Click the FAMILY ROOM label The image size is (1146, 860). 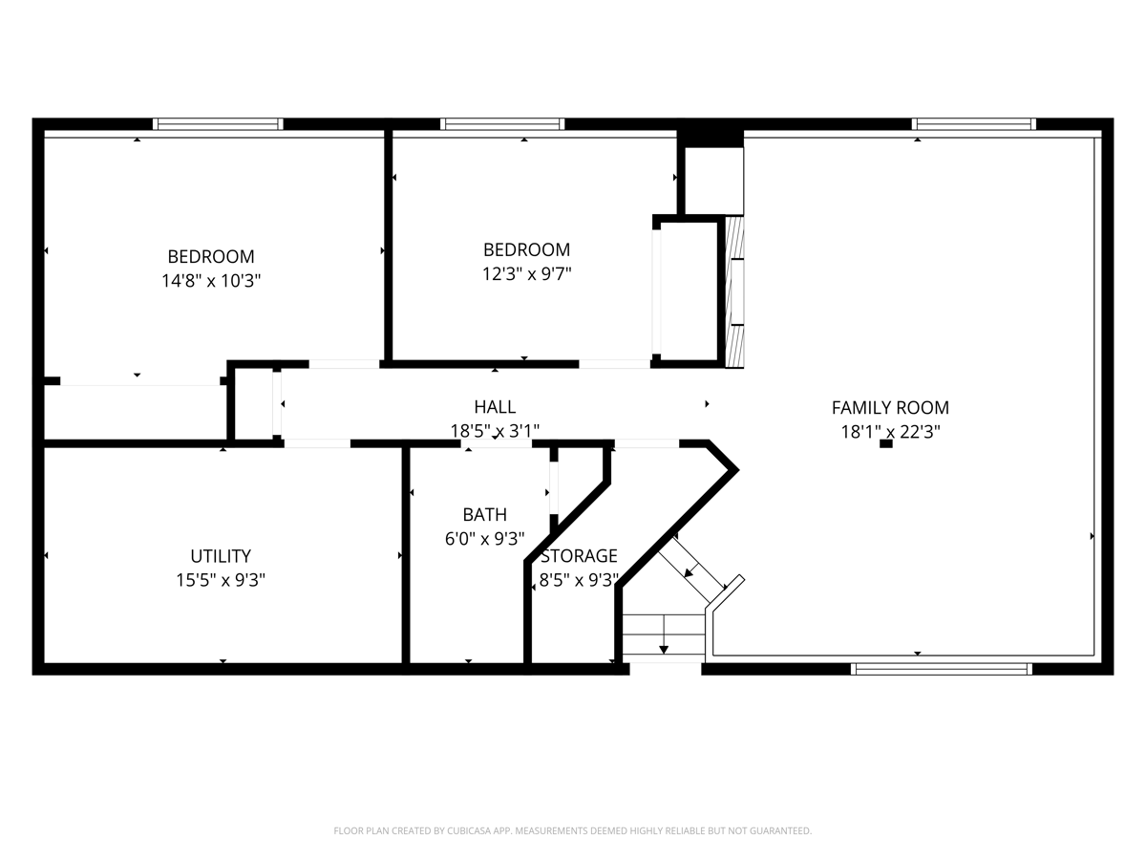[890, 407]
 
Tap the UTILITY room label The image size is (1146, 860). [221, 556]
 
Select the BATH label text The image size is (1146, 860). [484, 515]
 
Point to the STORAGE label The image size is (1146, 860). [579, 555]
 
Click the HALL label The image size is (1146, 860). [495, 407]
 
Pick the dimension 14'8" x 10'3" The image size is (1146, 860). [211, 281]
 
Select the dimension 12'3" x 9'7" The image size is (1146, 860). [527, 273]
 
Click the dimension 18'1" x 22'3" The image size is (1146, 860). [890, 432]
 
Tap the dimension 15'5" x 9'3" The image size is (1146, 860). [221, 580]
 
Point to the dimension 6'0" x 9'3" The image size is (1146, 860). [484, 538]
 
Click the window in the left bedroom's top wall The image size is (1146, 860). [218, 124]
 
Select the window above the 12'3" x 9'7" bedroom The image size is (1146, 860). [502, 124]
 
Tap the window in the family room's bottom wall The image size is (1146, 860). [942, 669]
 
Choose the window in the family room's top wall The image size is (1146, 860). [974, 124]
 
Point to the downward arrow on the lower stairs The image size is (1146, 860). [664, 634]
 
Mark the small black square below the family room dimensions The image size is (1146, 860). [886, 443]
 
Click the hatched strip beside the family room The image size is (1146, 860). [735, 292]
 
